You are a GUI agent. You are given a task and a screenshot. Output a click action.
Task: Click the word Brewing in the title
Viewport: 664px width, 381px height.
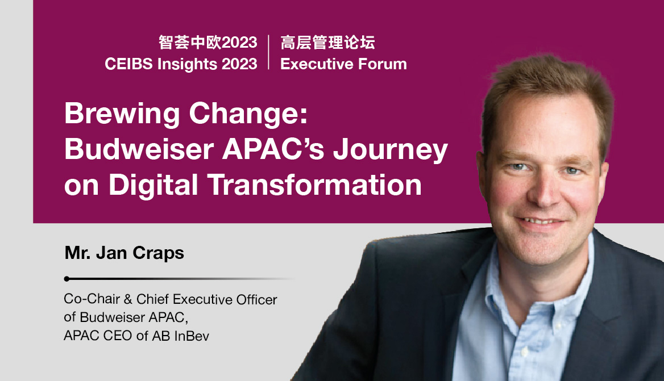click(122, 115)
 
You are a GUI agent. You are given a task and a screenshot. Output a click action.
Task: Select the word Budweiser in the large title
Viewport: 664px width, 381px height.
click(139, 149)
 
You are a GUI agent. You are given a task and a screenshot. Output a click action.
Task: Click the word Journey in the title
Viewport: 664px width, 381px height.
click(390, 151)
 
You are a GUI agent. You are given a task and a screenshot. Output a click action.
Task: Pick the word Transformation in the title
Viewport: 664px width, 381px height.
click(314, 185)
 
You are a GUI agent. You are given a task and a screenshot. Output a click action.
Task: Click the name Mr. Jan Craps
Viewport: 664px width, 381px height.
click(124, 253)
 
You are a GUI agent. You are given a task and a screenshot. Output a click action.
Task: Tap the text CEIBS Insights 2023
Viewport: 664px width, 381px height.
click(181, 64)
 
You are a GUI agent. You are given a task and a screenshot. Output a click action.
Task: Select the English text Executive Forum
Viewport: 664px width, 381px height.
click(343, 64)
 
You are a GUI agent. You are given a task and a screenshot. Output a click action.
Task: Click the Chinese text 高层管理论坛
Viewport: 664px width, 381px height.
click(328, 42)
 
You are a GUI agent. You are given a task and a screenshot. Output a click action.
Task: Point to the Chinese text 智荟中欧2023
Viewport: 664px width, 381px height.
click(208, 42)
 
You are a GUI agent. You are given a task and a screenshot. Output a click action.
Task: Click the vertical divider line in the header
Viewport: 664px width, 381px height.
click(269, 52)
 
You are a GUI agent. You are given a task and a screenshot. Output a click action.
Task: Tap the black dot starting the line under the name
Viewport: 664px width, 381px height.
click(67, 279)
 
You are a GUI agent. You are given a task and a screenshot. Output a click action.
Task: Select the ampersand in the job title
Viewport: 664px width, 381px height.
click(128, 299)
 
